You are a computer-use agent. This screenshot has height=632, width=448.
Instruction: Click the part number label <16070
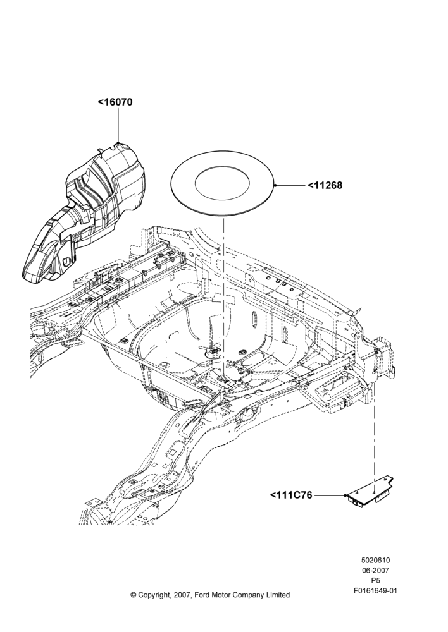pos(115,102)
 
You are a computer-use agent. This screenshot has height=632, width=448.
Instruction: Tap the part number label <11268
pos(325,185)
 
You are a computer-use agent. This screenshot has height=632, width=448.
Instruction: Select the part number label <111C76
pos(291,495)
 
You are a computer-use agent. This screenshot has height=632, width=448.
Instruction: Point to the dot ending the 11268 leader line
pos(275,185)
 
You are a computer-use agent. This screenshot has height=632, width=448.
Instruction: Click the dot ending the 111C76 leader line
pos(346,495)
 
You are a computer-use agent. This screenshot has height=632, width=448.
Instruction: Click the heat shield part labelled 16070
pos(83,213)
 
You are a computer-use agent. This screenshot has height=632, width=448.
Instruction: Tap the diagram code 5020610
pos(375,560)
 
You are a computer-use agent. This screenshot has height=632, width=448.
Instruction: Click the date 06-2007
pos(375,570)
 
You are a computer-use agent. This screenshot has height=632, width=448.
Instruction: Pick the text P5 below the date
pos(375,581)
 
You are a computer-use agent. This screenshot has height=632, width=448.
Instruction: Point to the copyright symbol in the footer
pos(133,595)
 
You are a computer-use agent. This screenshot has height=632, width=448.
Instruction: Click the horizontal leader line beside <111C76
pos(329,495)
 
